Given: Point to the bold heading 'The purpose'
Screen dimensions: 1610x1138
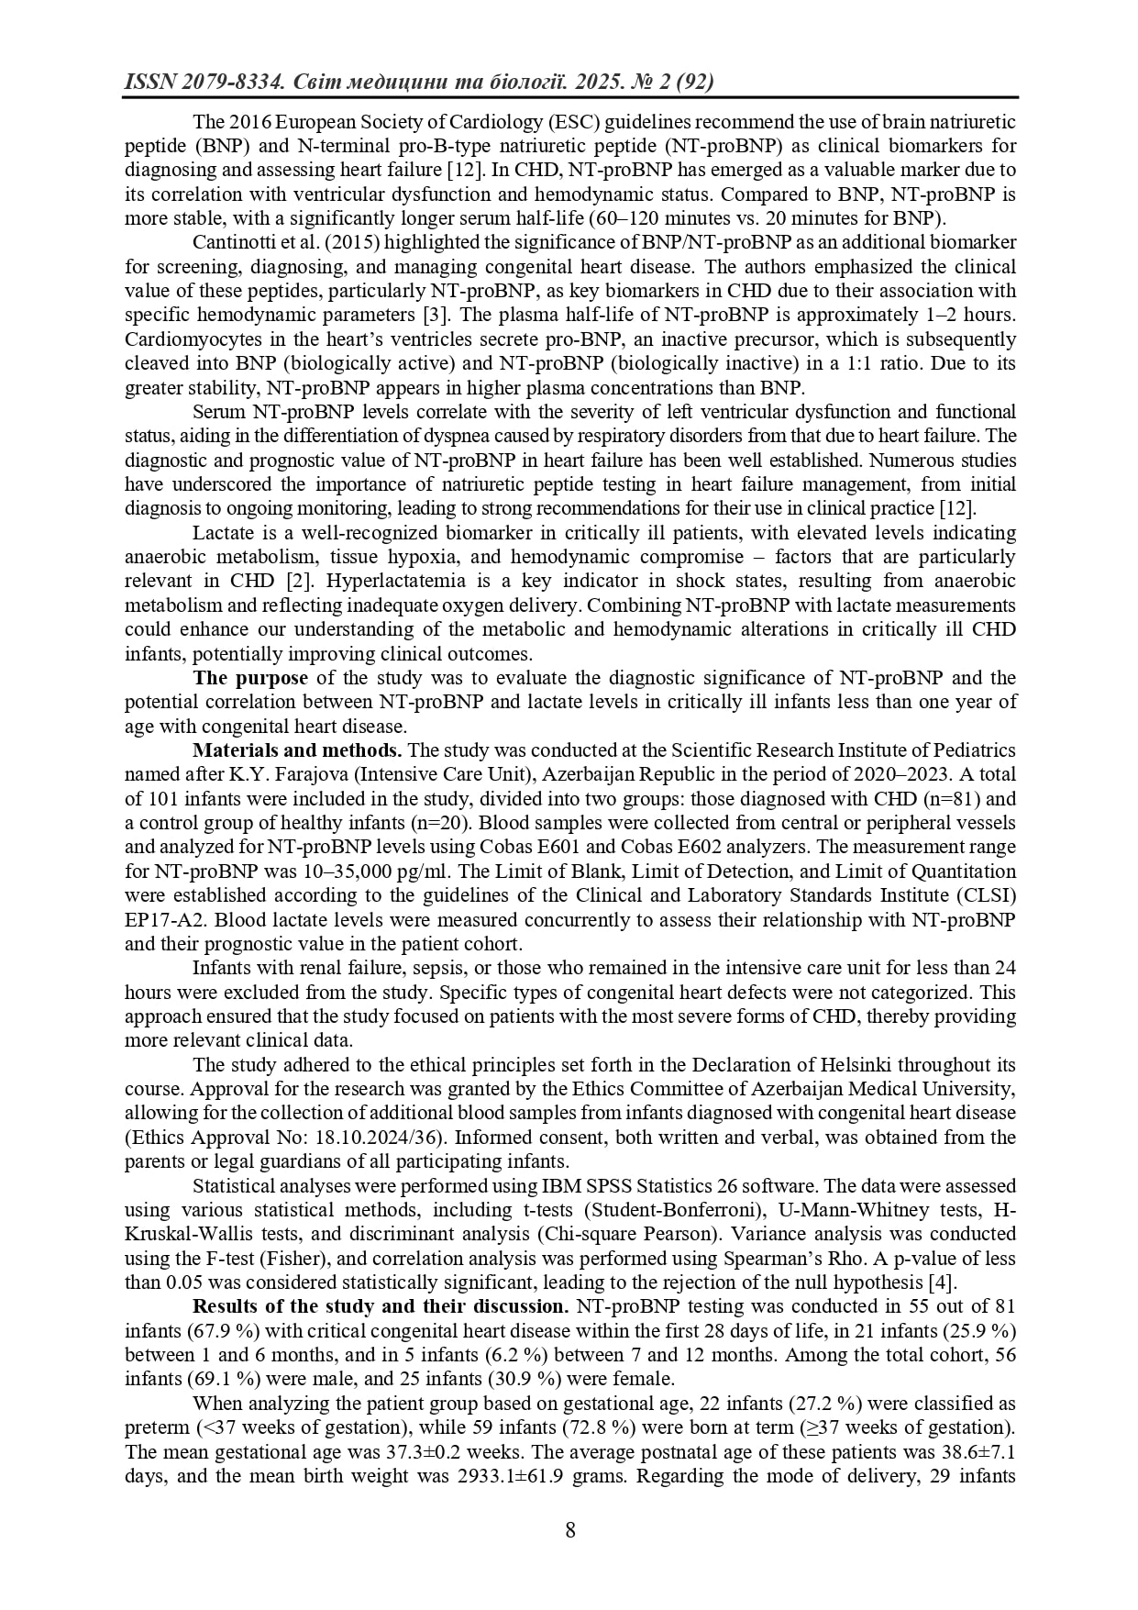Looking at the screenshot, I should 250,678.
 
